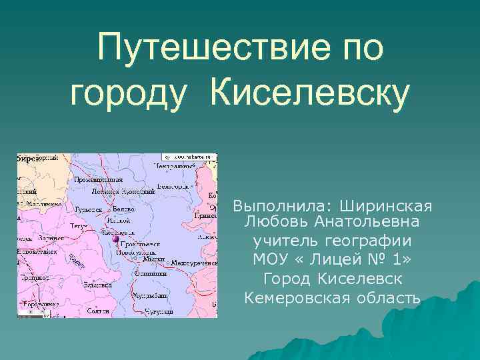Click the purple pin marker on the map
(x=115, y=239)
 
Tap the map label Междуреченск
(x=194, y=263)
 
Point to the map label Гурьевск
(x=88, y=209)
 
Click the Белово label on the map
(x=123, y=209)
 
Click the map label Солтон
(x=97, y=311)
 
